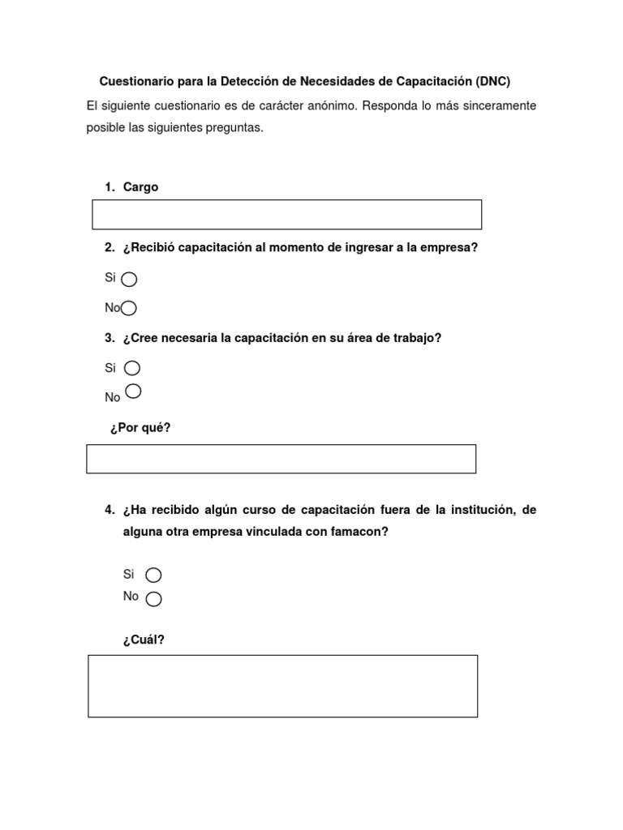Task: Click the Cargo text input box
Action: (286, 215)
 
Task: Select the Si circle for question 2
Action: (129, 280)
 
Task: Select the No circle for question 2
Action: (129, 308)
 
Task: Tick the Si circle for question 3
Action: (132, 369)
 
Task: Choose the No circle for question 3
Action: (134, 391)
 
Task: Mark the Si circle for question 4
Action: (153, 575)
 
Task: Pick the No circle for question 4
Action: (153, 599)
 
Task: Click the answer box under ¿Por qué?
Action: (281, 459)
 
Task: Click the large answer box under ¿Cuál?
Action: (282, 686)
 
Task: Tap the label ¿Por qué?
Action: (140, 428)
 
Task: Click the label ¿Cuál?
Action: (144, 640)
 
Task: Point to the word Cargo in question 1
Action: (140, 187)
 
